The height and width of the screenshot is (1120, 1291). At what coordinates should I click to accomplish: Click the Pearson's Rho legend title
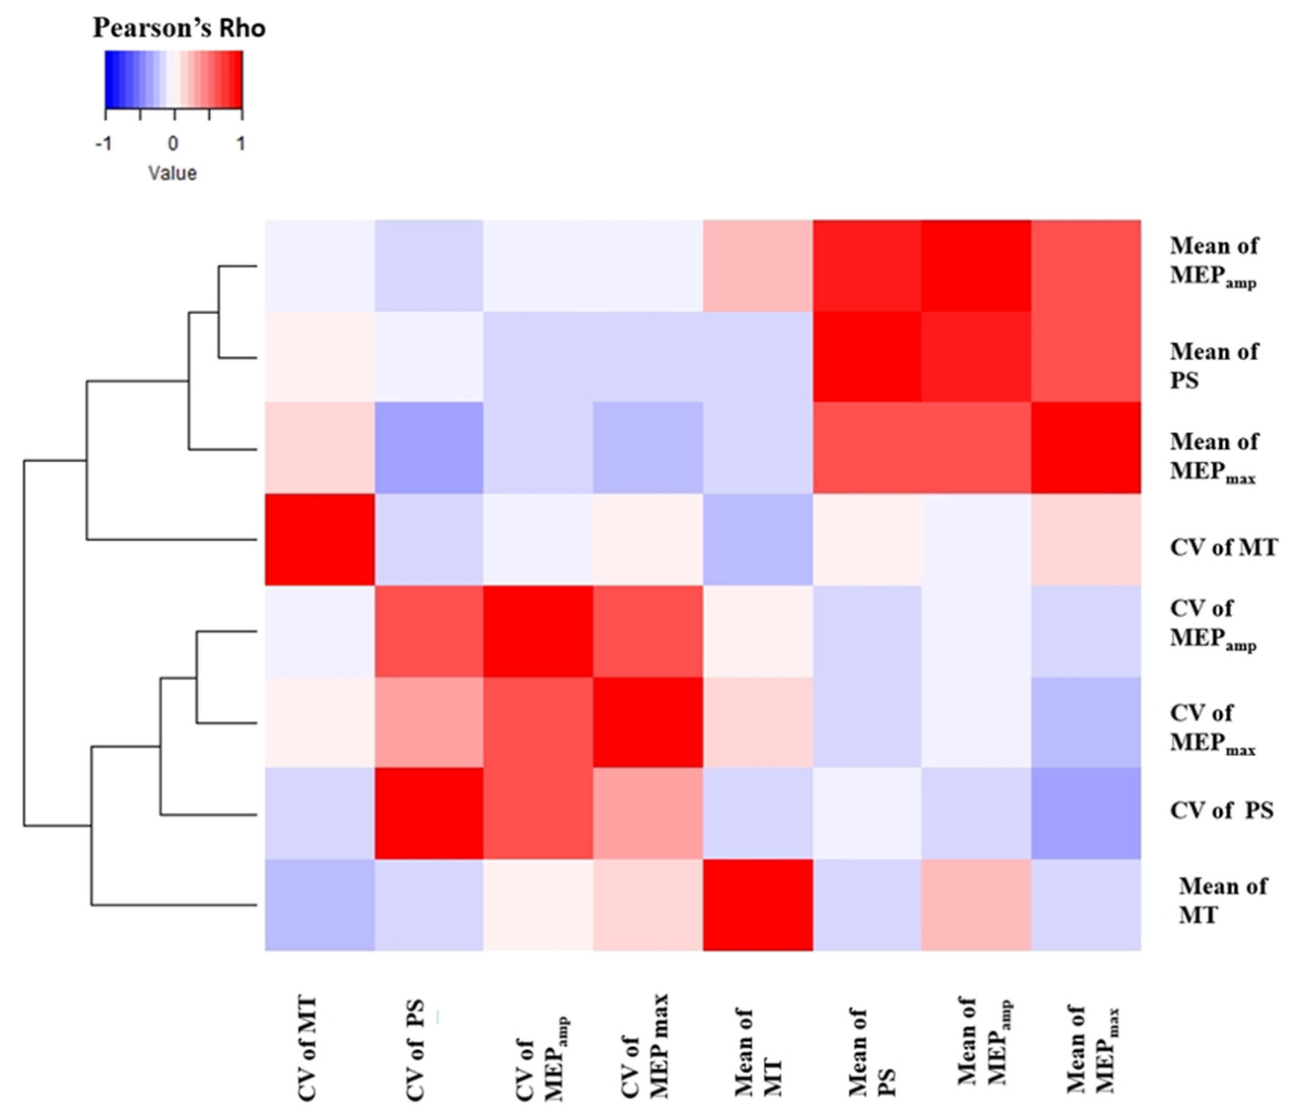point(179,28)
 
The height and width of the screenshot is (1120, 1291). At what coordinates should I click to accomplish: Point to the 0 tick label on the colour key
point(173,144)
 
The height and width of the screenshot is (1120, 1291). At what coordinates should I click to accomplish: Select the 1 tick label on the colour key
point(240,144)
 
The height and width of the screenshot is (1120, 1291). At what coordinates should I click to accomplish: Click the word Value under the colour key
point(173,173)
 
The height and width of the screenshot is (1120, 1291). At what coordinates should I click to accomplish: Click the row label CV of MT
point(1223,547)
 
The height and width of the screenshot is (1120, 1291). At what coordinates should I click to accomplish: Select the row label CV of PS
point(1221,810)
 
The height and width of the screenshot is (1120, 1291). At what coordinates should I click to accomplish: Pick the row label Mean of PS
point(1213,366)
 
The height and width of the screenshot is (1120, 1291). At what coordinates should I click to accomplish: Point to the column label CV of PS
point(415,1050)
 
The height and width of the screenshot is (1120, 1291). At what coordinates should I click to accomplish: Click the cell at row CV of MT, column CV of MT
point(320,539)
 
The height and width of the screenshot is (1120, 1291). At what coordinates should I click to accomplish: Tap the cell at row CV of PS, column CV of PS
point(429,813)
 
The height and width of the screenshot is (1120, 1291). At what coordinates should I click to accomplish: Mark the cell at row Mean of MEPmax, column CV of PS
point(429,447)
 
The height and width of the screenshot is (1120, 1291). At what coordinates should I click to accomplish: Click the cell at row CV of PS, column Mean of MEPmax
point(1086,813)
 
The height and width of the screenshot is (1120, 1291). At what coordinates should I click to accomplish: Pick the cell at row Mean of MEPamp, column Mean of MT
point(758,266)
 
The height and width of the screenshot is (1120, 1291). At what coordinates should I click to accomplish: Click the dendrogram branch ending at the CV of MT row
point(172,539)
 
